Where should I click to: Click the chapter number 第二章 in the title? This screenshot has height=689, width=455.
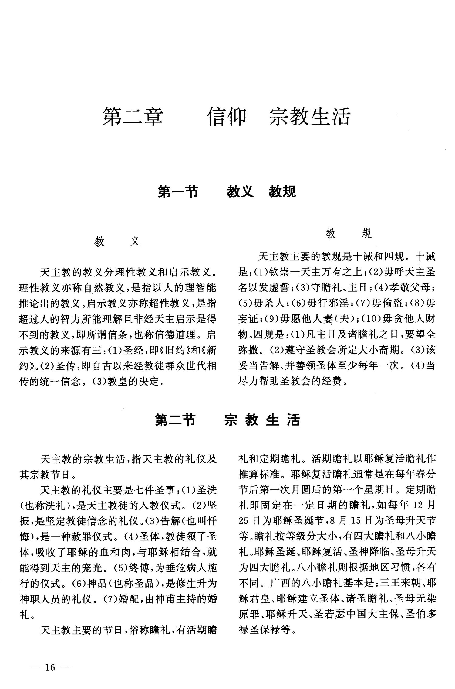(133, 117)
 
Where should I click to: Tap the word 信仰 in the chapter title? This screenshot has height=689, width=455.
(227, 117)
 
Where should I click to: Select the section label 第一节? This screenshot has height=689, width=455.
(178, 192)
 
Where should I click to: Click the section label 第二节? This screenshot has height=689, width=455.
(175, 420)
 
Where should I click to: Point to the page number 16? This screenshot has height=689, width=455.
(50, 667)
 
